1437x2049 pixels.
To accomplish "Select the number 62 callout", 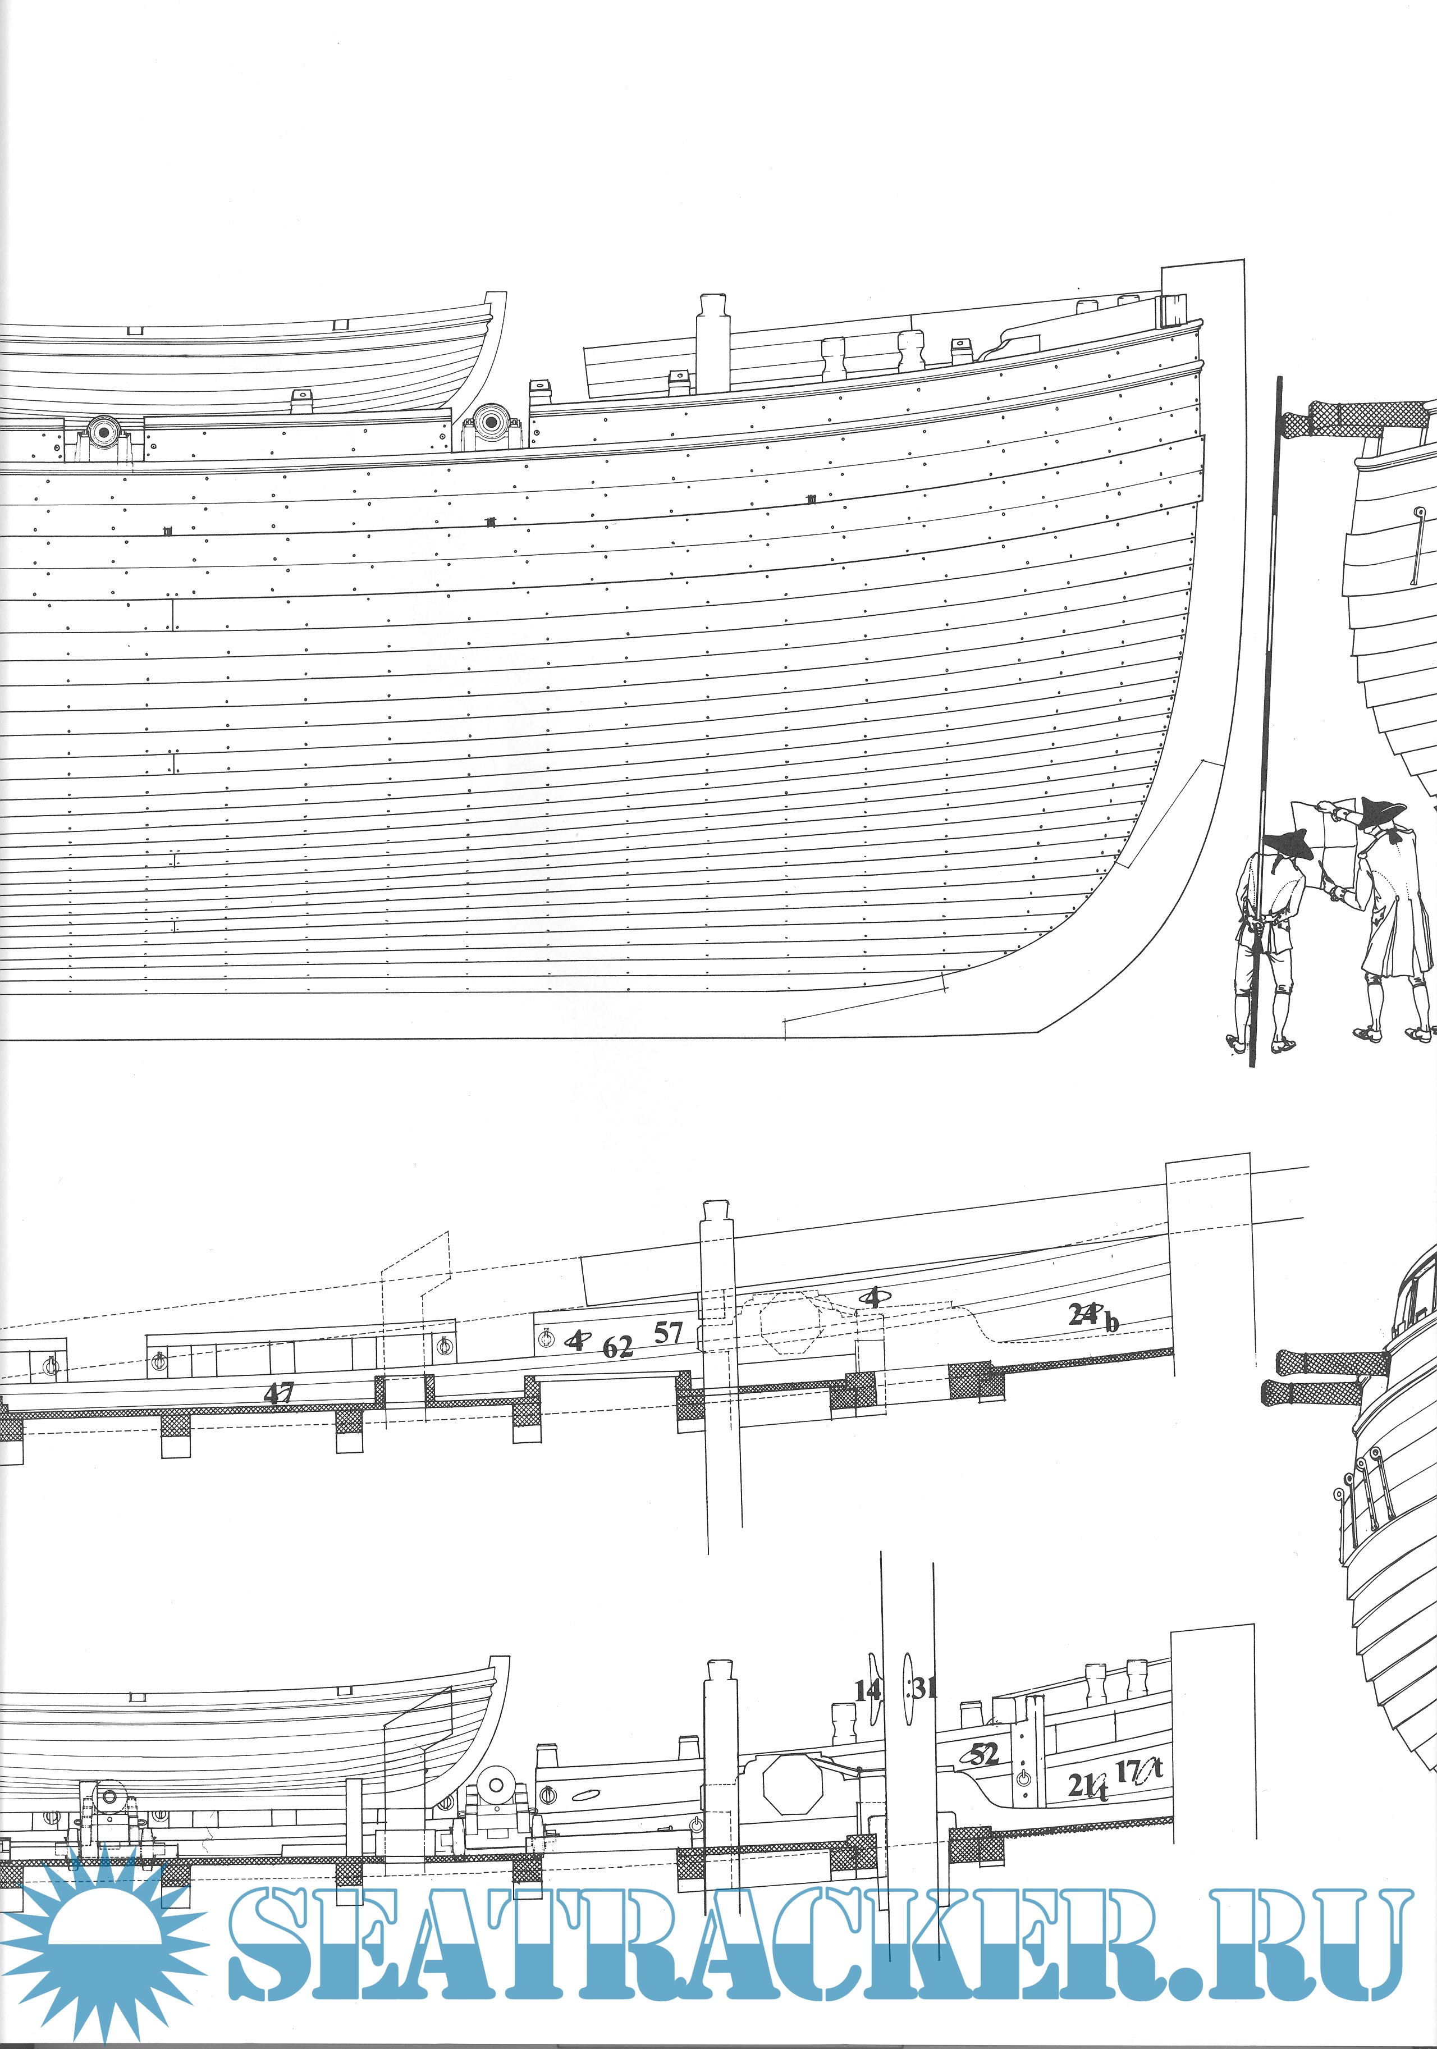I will tap(617, 1347).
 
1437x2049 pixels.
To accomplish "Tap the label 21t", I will tap(1088, 1784).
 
